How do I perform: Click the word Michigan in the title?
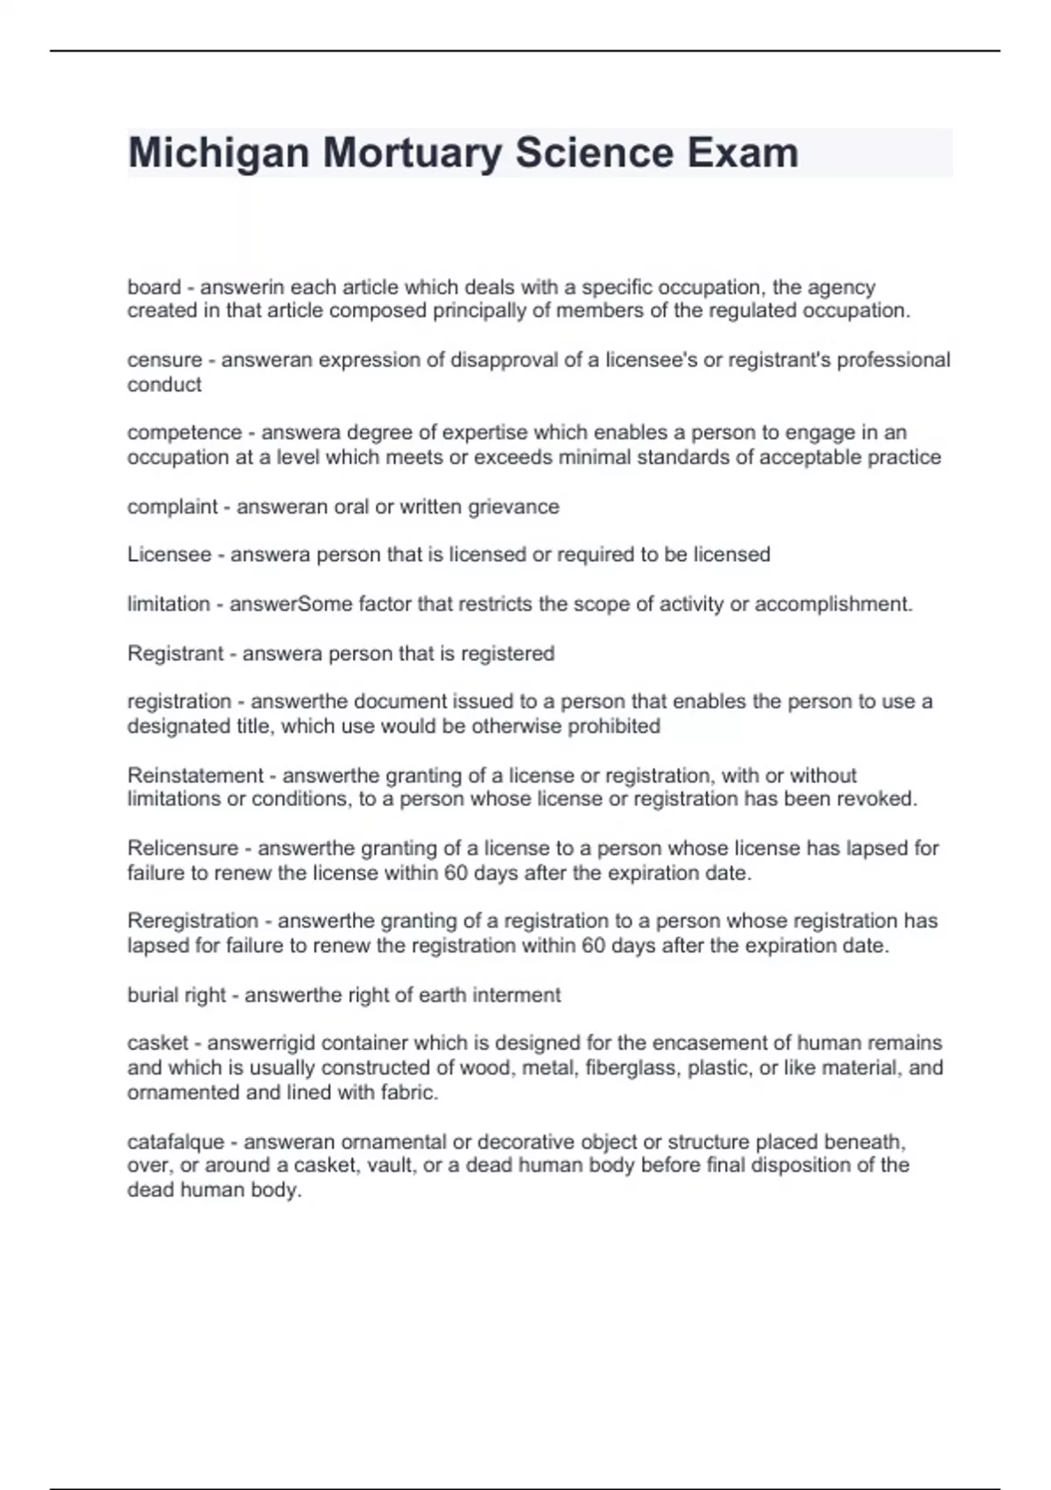click(218, 153)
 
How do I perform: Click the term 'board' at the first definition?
click(154, 287)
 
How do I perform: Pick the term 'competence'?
click(184, 433)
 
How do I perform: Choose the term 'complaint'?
click(172, 507)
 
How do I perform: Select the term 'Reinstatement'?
click(195, 776)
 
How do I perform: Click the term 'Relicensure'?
click(183, 848)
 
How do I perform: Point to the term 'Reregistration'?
click(193, 921)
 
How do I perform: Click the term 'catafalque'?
click(176, 1142)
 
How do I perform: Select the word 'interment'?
click(517, 995)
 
